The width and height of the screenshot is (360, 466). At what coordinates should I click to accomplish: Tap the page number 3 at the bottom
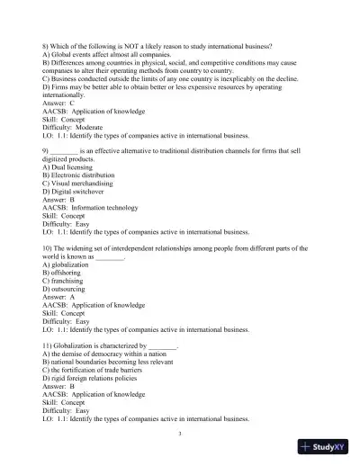(x=180, y=432)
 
